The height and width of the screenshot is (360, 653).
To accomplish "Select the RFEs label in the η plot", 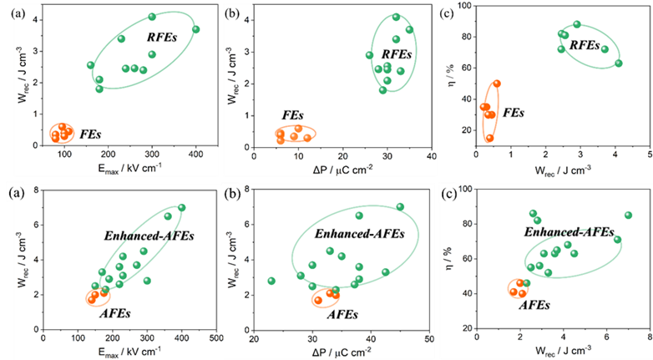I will (x=586, y=44).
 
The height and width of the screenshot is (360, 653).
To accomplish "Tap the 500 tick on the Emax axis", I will (x=215, y=337).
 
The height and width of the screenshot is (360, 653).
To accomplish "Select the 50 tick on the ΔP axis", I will (x=428, y=337).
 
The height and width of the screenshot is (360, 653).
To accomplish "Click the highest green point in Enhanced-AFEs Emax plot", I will (x=181, y=208).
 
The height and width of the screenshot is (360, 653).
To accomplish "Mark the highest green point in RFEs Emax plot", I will (x=152, y=17).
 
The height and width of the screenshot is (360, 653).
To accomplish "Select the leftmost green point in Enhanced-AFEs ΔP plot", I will (x=271, y=281).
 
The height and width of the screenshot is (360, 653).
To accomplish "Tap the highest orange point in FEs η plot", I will (x=497, y=84).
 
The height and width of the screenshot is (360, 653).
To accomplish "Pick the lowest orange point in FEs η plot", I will (x=489, y=138).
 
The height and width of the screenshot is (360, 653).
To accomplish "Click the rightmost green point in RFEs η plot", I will (x=619, y=63).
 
